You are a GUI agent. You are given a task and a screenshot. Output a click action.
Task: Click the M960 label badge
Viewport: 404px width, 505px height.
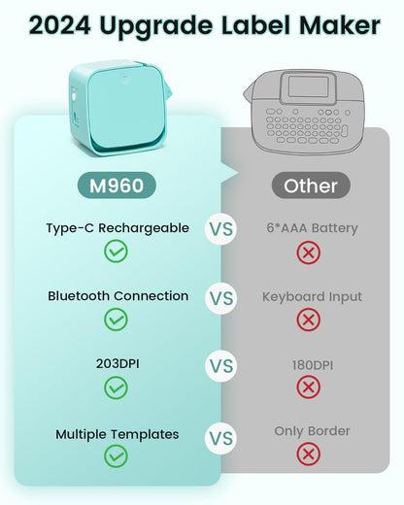click(116, 185)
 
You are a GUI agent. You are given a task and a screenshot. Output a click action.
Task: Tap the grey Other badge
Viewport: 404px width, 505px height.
click(310, 185)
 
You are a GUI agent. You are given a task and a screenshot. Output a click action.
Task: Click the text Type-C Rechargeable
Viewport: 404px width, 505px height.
click(116, 229)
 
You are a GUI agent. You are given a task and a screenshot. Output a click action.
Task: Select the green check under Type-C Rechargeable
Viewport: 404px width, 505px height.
click(116, 252)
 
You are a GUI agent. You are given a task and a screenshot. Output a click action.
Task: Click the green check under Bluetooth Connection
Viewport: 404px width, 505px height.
click(116, 319)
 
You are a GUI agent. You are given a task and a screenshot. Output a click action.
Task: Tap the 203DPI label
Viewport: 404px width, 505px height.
click(116, 363)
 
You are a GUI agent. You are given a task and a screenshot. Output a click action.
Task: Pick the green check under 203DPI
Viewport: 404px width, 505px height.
click(116, 387)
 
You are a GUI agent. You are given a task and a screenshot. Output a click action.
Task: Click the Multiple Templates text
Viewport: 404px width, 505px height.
click(117, 434)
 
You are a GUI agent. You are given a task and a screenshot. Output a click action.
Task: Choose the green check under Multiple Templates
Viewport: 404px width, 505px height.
click(116, 455)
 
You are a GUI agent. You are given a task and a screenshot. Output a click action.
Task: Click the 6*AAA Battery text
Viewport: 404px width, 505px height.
click(310, 229)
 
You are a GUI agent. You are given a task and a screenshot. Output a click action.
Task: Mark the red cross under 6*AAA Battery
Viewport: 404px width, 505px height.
click(310, 252)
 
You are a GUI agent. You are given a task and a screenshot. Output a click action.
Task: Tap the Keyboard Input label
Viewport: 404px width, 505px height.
click(310, 295)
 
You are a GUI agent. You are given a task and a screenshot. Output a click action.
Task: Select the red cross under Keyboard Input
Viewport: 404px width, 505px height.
click(310, 319)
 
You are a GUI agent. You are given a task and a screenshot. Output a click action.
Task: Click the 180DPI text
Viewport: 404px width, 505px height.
click(310, 363)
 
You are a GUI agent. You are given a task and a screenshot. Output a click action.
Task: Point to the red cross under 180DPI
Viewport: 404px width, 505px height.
click(310, 387)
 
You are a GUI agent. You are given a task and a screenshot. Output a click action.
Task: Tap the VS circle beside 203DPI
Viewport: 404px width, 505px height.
click(221, 368)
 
